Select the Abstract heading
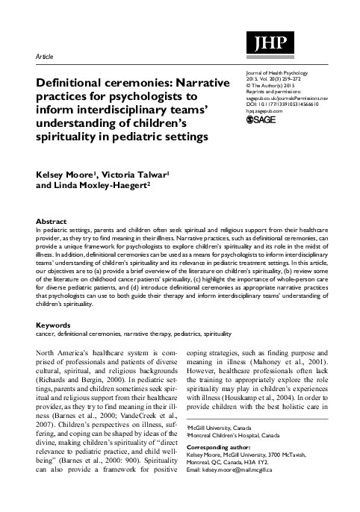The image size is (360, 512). (52, 221)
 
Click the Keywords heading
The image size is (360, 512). (54, 325)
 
